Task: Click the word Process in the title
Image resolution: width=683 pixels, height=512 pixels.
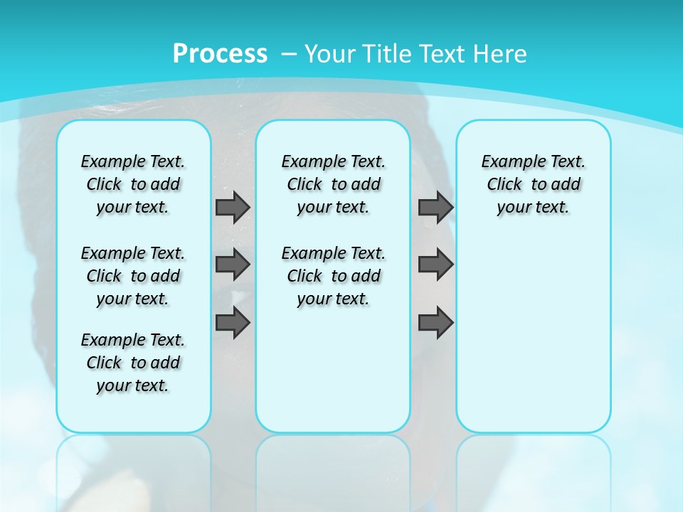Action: point(220,53)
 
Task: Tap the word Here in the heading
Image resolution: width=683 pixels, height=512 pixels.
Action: point(499,53)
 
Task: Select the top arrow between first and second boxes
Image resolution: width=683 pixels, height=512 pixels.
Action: point(233,207)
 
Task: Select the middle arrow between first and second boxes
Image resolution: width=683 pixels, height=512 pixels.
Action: point(233,265)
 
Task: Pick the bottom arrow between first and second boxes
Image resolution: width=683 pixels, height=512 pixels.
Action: point(233,323)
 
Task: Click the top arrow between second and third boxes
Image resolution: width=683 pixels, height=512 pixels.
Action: point(435,207)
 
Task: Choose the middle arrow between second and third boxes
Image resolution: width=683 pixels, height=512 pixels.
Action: point(435,265)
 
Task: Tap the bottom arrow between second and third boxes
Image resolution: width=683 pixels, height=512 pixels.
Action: point(435,323)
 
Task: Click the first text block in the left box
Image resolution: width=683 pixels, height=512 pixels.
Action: point(133,184)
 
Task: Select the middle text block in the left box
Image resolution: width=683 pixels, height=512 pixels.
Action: point(133,276)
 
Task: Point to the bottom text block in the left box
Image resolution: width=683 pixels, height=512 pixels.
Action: point(133,363)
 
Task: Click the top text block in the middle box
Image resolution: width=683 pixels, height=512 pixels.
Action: point(333,184)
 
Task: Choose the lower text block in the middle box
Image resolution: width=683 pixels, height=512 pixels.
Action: point(333,276)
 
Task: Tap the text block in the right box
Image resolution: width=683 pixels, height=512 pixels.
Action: point(533,184)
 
